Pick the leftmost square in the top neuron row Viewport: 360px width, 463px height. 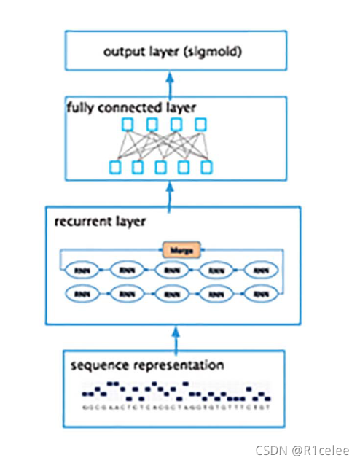127,125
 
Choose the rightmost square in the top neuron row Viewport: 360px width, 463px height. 198,125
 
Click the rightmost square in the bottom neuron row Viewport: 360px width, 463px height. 207,168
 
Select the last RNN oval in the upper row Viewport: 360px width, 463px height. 260,270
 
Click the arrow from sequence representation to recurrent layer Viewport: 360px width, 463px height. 173,337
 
